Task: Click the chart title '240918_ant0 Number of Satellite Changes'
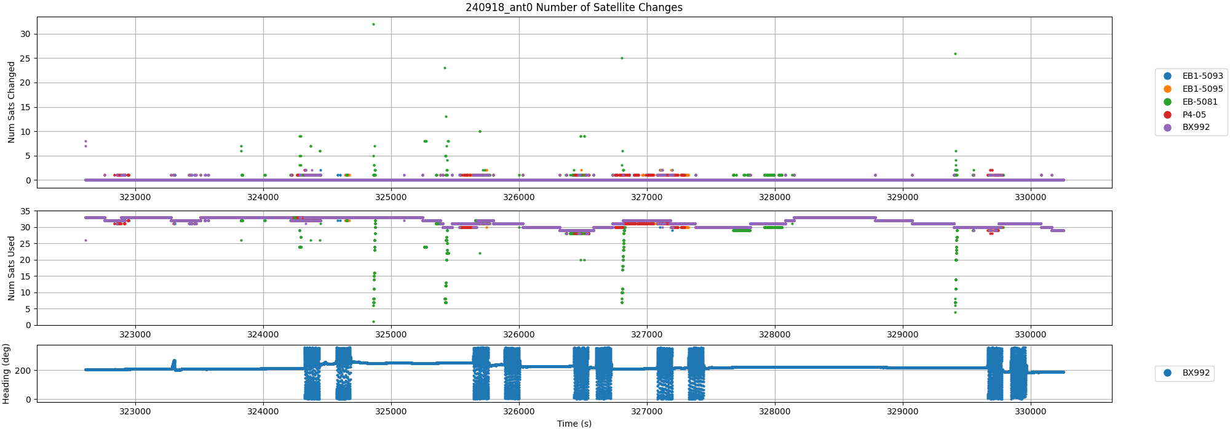click(x=574, y=7)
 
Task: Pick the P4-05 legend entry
click(x=1194, y=115)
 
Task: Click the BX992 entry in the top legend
click(x=1196, y=127)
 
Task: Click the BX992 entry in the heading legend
click(x=1196, y=373)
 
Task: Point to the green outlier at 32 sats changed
click(x=373, y=24)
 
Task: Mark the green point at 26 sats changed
click(x=955, y=54)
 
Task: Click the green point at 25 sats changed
click(x=622, y=58)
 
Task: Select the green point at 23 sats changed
click(x=445, y=68)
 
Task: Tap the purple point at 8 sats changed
click(x=85, y=141)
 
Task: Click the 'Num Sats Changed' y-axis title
click(x=11, y=102)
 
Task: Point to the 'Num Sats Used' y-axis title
click(x=11, y=268)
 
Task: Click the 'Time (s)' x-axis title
click(x=574, y=424)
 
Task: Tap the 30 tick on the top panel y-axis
click(x=25, y=34)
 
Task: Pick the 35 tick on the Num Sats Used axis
click(x=25, y=211)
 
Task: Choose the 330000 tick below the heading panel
click(x=1030, y=411)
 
